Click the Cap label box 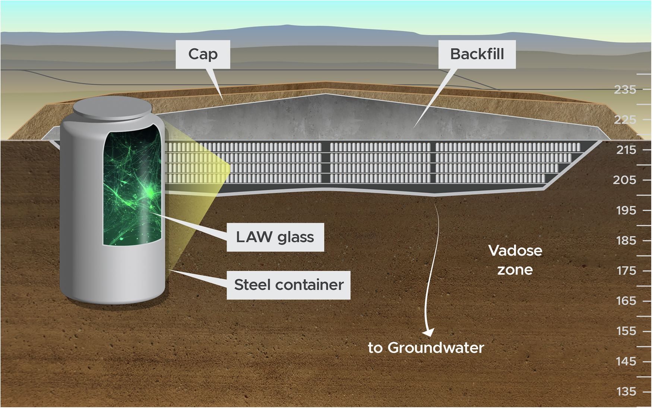click(x=203, y=54)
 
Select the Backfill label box click(x=477, y=54)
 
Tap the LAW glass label click(x=275, y=237)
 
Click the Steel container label click(x=289, y=285)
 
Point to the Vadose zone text click(x=515, y=260)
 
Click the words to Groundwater click(x=426, y=348)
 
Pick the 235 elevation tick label click(x=625, y=90)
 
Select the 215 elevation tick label click(x=626, y=150)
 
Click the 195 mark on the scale click(x=626, y=210)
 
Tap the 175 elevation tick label click(x=626, y=270)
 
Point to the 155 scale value click(x=626, y=331)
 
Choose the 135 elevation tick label click(x=626, y=391)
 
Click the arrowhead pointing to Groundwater click(x=429, y=332)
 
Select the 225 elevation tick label click(x=625, y=120)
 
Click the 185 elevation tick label click(x=626, y=241)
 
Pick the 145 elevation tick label click(x=626, y=361)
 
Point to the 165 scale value click(x=626, y=301)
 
